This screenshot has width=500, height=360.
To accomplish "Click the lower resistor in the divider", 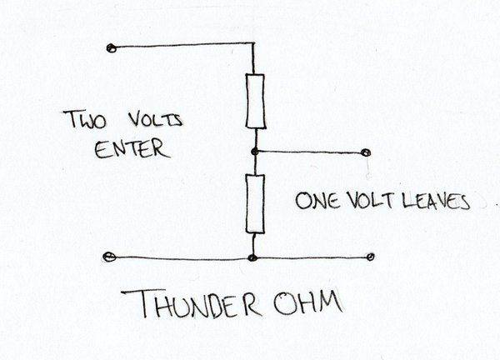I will [256, 204].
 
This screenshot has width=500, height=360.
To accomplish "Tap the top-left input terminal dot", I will [111, 47].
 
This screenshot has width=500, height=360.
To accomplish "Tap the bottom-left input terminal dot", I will [110, 257].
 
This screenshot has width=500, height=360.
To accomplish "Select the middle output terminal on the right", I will [366, 152].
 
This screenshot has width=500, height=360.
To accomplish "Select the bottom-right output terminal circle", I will [369, 257].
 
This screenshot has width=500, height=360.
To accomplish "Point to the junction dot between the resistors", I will [255, 152].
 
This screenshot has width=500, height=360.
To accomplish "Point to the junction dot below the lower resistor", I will [253, 257].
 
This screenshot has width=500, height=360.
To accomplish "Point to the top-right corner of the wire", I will [252, 43].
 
